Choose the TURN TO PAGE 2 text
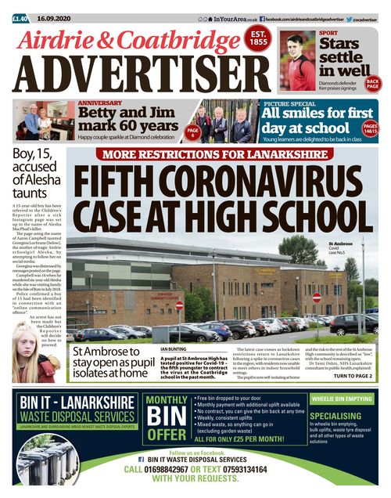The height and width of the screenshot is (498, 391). (x=353, y=377)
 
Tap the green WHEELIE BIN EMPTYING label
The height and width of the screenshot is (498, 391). (x=342, y=399)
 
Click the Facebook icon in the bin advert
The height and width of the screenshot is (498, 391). (x=142, y=460)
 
